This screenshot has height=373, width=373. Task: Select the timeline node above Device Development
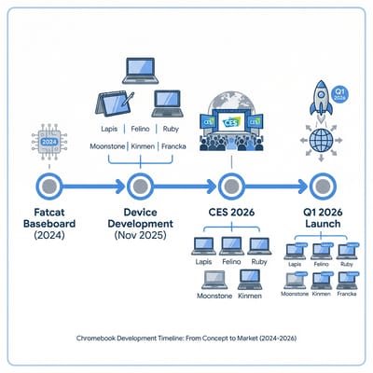[x=139, y=184]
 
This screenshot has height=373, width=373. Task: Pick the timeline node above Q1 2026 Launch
[x=323, y=184]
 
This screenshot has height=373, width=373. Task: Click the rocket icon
[x=319, y=93]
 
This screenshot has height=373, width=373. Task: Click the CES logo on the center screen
[x=230, y=121]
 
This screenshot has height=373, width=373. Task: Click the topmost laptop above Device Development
[x=141, y=70]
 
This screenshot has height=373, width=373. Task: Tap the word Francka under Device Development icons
[x=177, y=147]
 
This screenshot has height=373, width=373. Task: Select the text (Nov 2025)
[x=139, y=237]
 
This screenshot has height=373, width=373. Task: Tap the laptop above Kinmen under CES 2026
[x=250, y=280]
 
